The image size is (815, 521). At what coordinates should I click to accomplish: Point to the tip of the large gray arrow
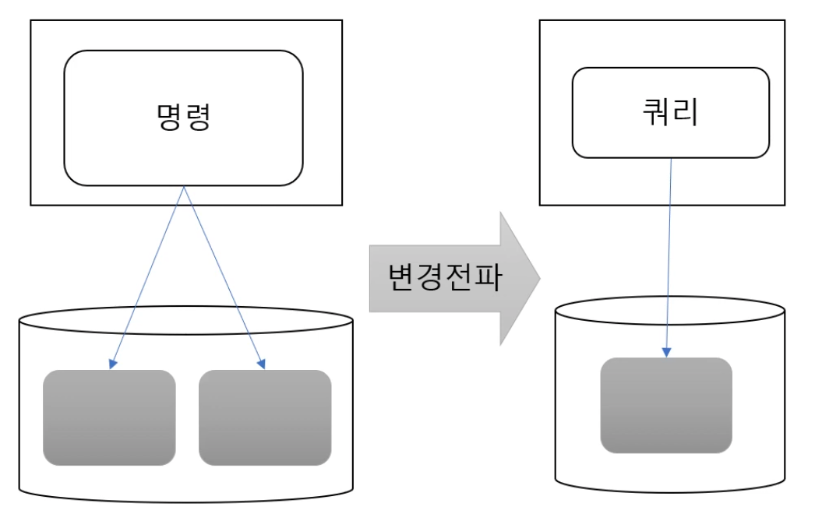pos(538,277)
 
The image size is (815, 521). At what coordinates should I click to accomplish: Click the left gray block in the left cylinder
pos(109,417)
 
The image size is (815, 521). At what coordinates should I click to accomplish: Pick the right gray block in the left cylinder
pos(265,417)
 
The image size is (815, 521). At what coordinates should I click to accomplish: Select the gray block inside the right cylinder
pos(666,405)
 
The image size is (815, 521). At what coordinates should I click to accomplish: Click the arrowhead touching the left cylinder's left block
pos(113,364)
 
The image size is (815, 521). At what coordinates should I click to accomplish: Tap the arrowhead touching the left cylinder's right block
pos(263,364)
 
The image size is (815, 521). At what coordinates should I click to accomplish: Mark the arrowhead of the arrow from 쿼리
pos(667,353)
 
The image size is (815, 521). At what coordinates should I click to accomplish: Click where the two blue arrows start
pos(183,187)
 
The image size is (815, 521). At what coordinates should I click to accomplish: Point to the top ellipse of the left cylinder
pos(185,319)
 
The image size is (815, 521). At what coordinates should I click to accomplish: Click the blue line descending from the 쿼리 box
pos(669,249)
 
